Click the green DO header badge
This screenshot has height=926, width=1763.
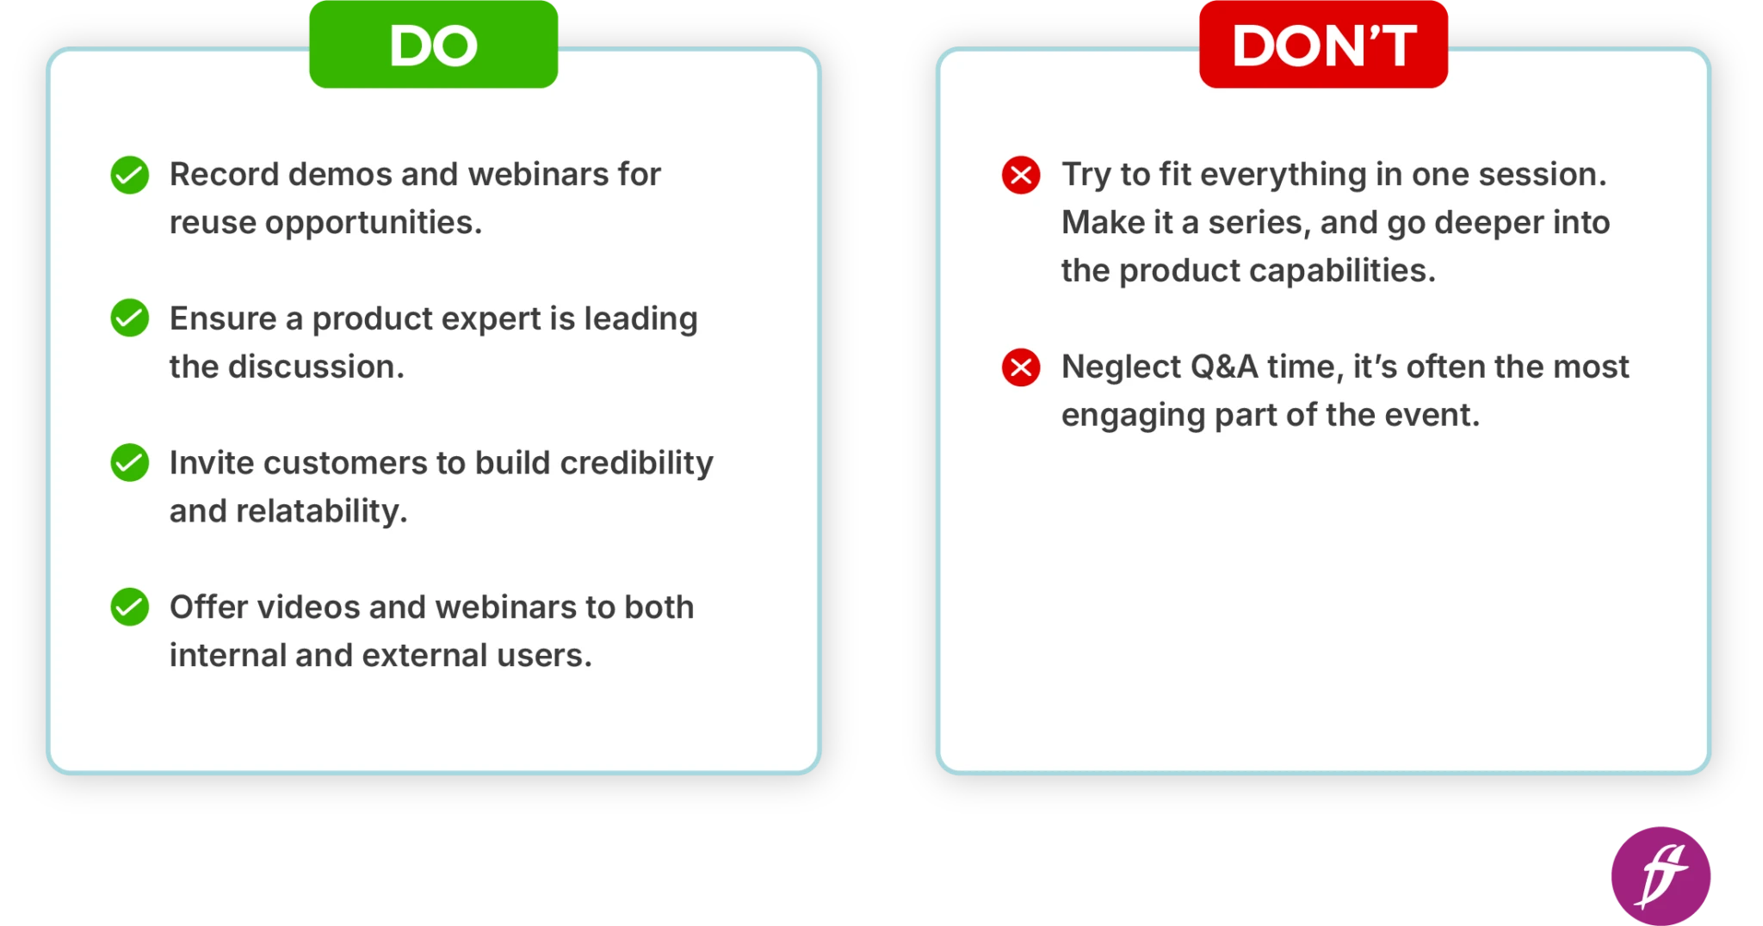[x=433, y=45]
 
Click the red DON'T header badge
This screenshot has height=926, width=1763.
[x=1323, y=45]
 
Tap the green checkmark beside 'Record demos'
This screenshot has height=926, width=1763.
[x=130, y=175]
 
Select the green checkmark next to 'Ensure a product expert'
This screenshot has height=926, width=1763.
[x=130, y=318]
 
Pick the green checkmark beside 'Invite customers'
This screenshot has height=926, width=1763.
[x=130, y=463]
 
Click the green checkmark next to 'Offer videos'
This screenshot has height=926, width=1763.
[x=130, y=607]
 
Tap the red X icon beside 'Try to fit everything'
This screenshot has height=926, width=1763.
[x=1021, y=175]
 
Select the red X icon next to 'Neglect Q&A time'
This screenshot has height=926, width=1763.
[x=1021, y=367]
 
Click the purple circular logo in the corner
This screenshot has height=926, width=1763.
[x=1661, y=876]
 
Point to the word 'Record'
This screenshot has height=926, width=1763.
[x=224, y=175]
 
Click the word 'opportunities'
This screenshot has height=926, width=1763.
[x=373, y=224]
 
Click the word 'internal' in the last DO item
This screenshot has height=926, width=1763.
[x=227, y=656]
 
